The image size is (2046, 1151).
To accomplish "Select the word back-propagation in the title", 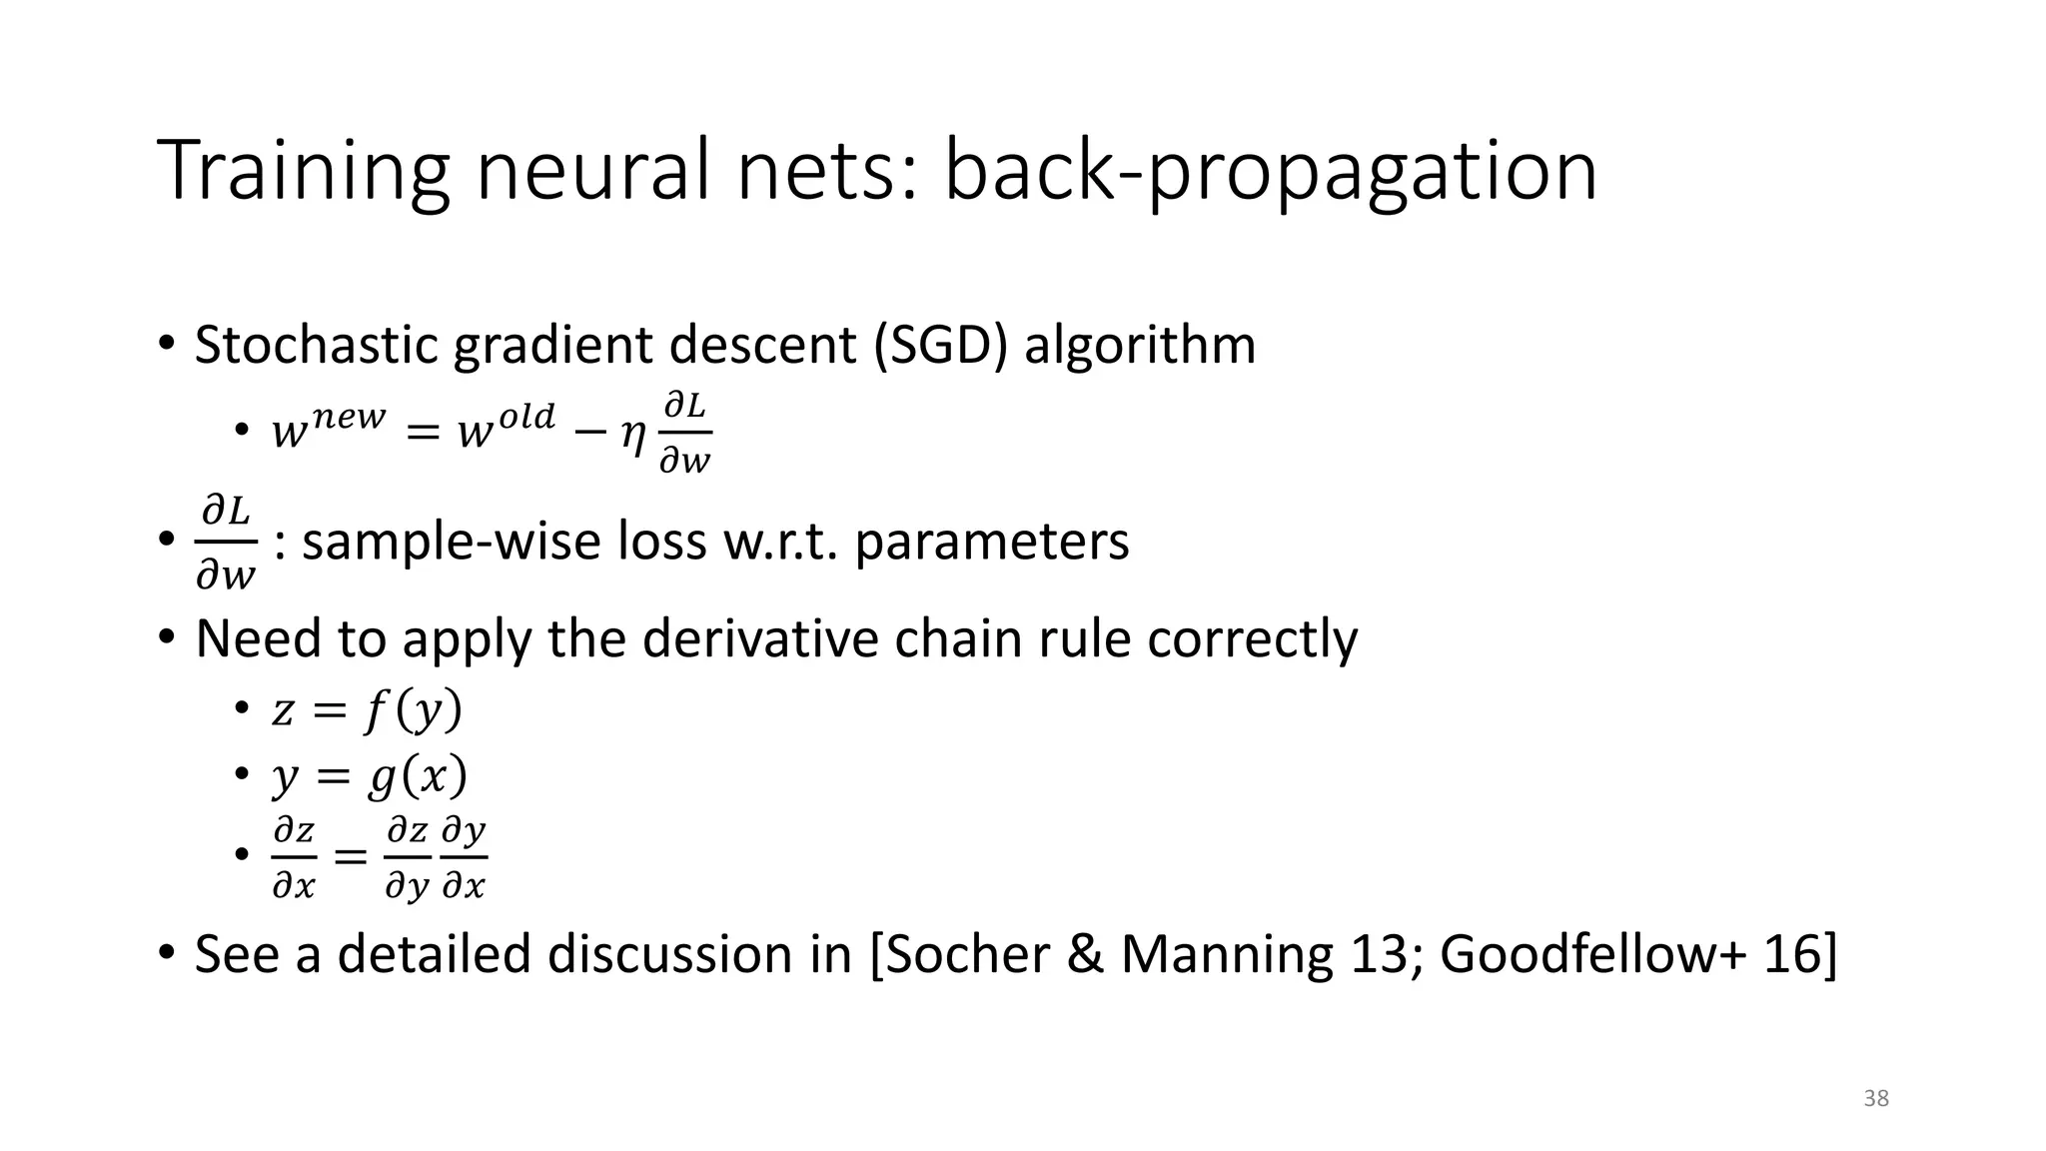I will (x=1270, y=172).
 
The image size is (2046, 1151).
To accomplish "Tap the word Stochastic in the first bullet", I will (x=317, y=345).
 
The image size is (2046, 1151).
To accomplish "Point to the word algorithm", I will (x=1139, y=345).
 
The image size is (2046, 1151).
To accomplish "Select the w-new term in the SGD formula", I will (x=328, y=428).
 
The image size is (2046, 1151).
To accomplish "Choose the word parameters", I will (x=992, y=543).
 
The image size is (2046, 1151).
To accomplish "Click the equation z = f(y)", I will (x=367, y=711).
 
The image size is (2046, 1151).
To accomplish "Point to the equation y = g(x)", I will (x=369, y=776).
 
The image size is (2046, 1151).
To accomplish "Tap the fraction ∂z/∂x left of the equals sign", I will (x=294, y=857).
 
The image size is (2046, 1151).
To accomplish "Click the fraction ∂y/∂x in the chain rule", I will (x=464, y=857).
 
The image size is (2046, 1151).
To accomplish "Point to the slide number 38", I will (x=1876, y=1099).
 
